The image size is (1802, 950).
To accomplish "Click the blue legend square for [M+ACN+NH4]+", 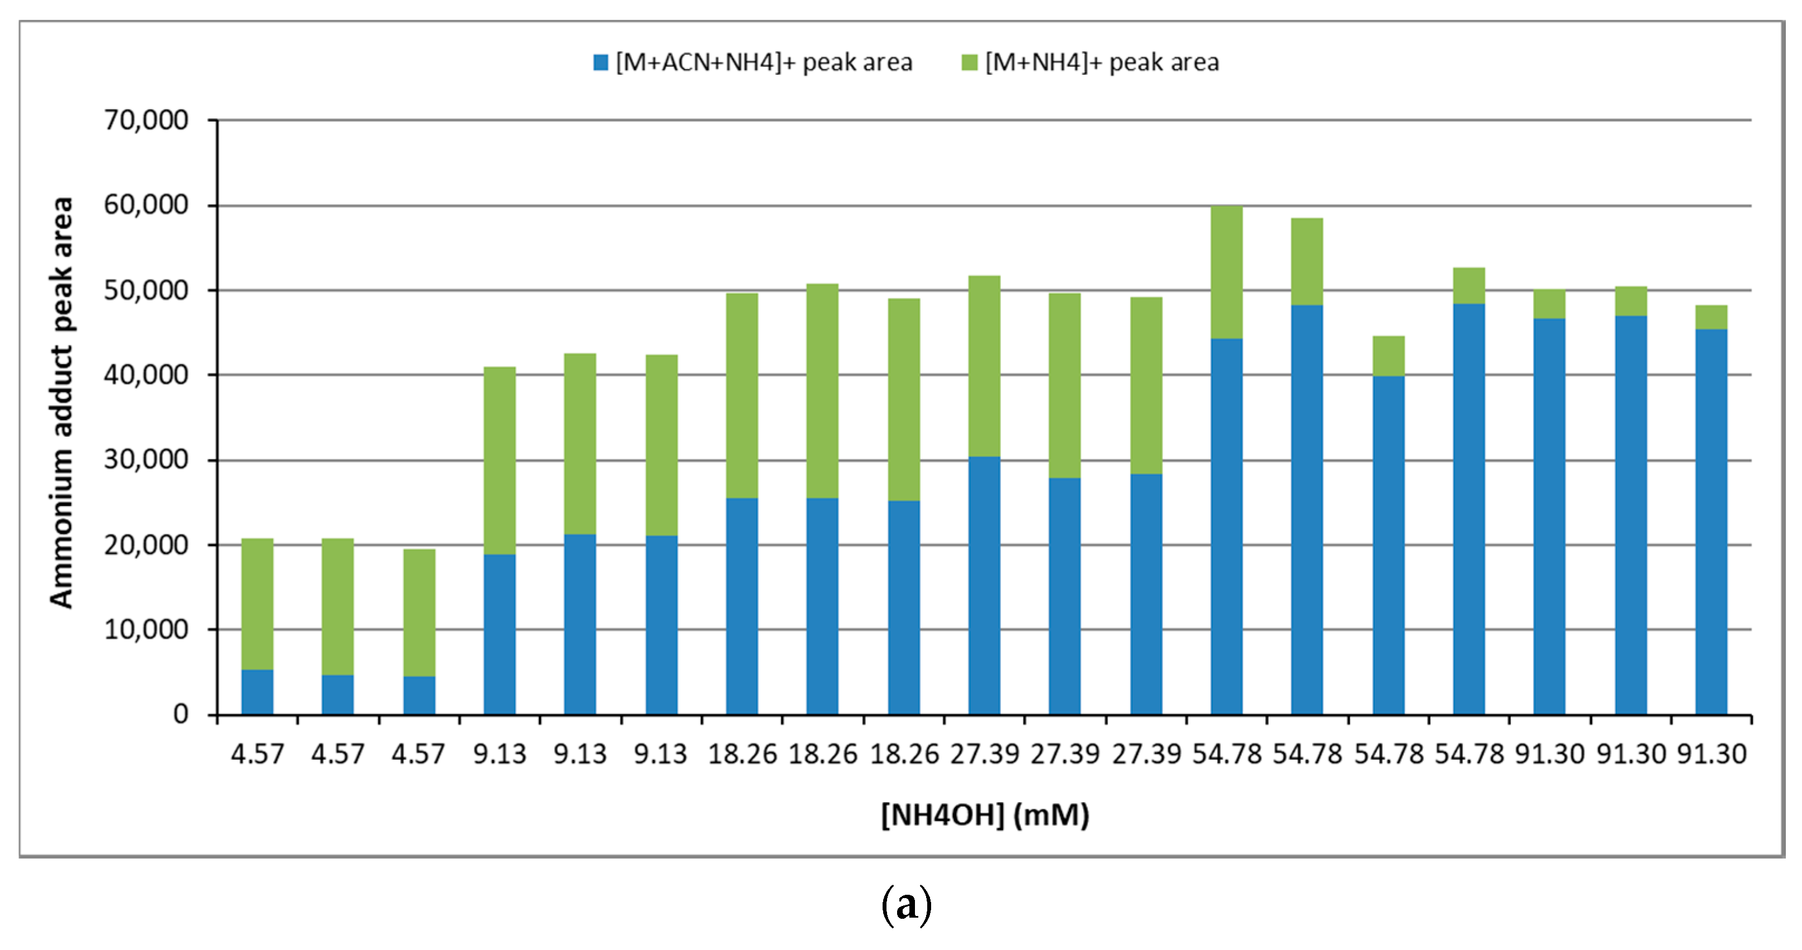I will (600, 62).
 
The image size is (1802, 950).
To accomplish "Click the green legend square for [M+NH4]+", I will (969, 62).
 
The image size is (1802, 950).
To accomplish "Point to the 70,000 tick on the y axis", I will (146, 120).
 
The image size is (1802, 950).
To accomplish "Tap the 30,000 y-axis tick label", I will (146, 460).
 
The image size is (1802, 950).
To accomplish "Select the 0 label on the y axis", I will (181, 714).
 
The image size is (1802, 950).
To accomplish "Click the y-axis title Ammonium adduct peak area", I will (61, 402).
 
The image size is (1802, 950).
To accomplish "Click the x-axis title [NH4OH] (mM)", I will (984, 815).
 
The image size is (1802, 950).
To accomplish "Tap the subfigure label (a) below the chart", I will (906, 905).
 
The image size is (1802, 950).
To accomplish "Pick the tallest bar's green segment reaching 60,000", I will (1226, 273).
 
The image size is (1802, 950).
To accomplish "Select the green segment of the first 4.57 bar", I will (257, 604).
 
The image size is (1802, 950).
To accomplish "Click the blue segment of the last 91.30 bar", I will (1711, 521).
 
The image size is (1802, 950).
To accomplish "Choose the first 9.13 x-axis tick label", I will (499, 754).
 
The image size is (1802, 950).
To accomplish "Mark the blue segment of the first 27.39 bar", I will (984, 585).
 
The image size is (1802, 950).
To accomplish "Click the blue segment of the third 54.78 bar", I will (1388, 545).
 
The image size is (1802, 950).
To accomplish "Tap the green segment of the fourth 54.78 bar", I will (1468, 286).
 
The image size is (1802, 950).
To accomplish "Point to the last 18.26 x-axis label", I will (904, 754).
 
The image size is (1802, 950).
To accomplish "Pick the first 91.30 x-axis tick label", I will (1549, 754).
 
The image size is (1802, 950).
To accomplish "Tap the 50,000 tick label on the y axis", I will (146, 290).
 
